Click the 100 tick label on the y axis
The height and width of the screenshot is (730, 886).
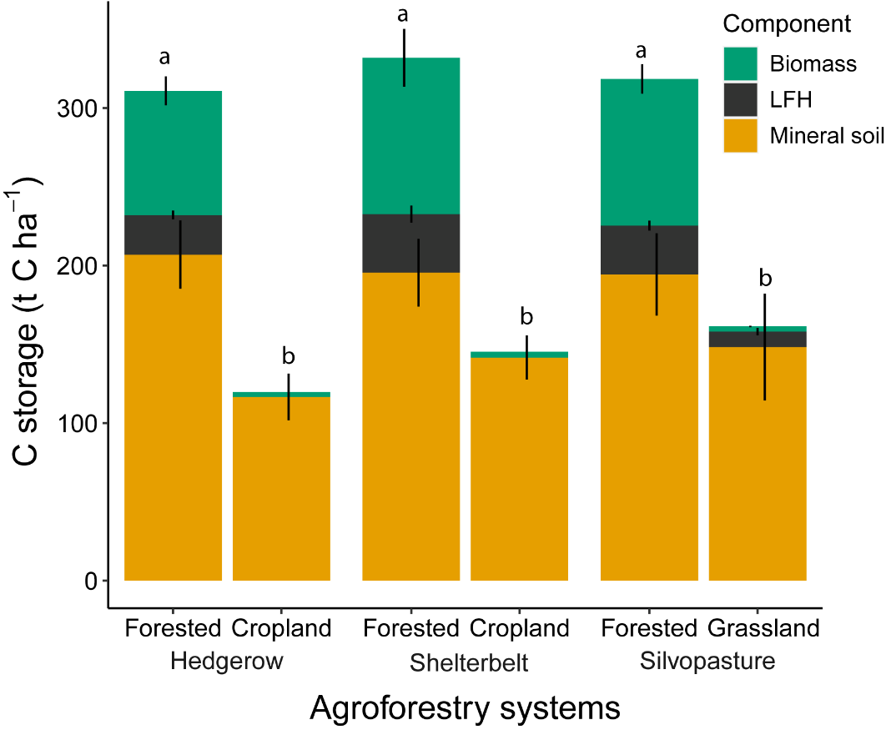click(78, 424)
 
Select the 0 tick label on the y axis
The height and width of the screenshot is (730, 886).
click(89, 581)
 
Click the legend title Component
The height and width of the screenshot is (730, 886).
click(787, 24)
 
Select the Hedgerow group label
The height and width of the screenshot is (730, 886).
click(227, 662)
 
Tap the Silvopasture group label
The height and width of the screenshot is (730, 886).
click(707, 662)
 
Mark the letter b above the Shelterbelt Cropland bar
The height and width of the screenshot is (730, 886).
click(526, 317)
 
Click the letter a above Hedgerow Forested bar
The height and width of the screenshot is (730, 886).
click(164, 58)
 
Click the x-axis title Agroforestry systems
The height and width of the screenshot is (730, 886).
click(465, 707)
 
